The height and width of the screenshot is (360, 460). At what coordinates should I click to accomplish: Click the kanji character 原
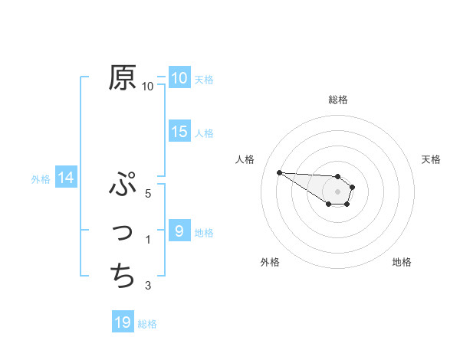(x=123, y=77)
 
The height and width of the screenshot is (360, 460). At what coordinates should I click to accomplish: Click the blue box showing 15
(x=179, y=132)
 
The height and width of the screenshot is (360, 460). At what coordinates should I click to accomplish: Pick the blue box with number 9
(x=179, y=231)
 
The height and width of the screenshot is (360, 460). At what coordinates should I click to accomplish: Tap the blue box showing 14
(x=66, y=178)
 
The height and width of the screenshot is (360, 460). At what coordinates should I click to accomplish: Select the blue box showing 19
(x=123, y=322)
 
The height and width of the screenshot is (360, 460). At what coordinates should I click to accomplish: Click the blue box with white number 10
(x=179, y=77)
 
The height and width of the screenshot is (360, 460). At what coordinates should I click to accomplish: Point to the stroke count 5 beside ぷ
(x=148, y=193)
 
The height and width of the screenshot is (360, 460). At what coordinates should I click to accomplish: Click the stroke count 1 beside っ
(x=148, y=240)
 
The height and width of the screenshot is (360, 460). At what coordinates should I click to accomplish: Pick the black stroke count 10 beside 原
(x=148, y=86)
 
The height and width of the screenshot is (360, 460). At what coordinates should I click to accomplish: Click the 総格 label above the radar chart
(x=338, y=100)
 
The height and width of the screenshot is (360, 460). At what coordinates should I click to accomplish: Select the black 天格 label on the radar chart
(x=432, y=159)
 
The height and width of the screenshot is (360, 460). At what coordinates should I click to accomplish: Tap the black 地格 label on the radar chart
(x=402, y=262)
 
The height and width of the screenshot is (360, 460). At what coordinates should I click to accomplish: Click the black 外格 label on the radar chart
(x=270, y=262)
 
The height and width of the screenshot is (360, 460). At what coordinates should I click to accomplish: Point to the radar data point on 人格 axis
(x=279, y=172)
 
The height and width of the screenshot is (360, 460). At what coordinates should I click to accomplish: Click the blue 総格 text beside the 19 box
(x=147, y=324)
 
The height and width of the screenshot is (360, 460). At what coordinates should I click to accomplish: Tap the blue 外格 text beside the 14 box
(x=40, y=179)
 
